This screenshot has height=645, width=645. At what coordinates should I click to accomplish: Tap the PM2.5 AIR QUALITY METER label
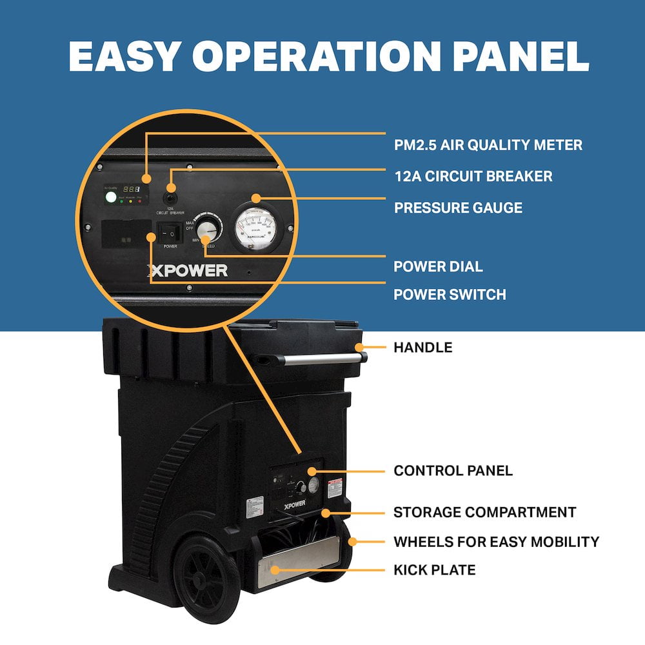click(488, 145)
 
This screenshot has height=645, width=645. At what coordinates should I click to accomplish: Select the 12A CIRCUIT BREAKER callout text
click(473, 176)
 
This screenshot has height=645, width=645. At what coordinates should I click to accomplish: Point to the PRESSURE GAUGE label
click(458, 208)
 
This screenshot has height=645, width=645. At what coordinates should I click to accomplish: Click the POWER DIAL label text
click(438, 266)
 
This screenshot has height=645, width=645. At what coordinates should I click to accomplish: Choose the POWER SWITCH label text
click(450, 295)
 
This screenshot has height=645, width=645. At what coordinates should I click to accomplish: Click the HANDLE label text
click(422, 348)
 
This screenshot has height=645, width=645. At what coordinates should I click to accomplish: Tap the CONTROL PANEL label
click(453, 471)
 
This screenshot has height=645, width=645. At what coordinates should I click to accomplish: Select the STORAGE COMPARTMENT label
click(484, 512)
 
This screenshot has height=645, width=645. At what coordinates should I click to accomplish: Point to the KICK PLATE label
click(434, 570)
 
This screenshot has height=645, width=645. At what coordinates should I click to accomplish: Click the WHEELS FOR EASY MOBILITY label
click(496, 541)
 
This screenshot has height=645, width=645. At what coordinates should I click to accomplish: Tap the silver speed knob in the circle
click(208, 229)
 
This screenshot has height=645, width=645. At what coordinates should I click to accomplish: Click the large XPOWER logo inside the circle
click(187, 270)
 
